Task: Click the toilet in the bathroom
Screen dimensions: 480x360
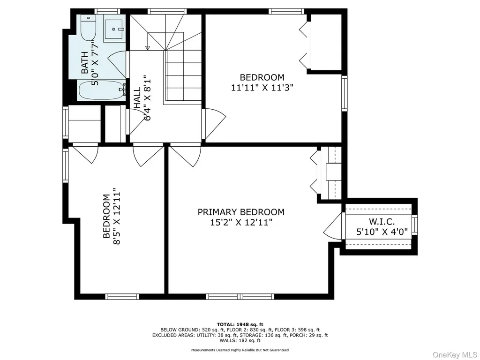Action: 89,28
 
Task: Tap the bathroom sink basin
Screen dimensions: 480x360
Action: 113,29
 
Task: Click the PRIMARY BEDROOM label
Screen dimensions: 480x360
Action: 241,212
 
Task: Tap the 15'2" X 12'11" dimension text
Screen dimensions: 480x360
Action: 241,222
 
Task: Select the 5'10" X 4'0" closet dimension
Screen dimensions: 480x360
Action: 382,232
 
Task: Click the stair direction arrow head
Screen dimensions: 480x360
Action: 148,48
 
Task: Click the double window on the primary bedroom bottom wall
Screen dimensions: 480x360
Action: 240,296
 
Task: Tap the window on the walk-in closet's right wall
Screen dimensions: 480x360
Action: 414,225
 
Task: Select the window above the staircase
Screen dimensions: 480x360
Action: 167,11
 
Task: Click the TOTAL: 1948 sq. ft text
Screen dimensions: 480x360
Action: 240,324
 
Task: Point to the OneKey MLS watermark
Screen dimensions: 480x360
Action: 455,354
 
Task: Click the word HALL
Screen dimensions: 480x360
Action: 137,97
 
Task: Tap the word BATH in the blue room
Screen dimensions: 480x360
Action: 85,63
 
